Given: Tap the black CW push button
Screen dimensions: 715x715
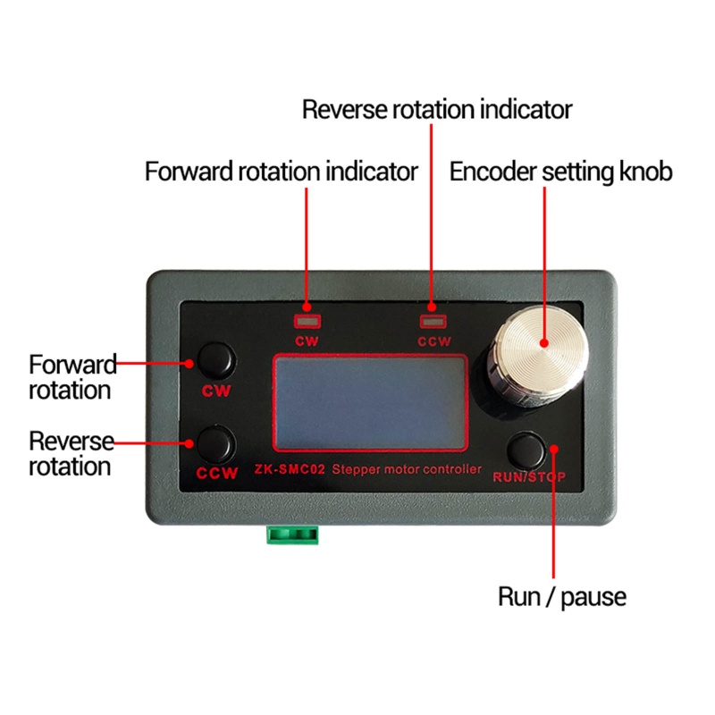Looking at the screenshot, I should pyautogui.click(x=215, y=361).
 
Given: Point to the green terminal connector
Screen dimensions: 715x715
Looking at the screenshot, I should pyautogui.click(x=292, y=534).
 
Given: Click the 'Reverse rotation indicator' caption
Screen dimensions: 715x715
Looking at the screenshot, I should pyautogui.click(x=436, y=109).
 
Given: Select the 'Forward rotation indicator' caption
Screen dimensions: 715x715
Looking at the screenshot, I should pyautogui.click(x=281, y=171).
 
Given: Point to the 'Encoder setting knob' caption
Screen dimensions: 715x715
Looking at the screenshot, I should pyautogui.click(x=560, y=171).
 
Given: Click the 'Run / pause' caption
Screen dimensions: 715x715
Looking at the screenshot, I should pyautogui.click(x=561, y=596).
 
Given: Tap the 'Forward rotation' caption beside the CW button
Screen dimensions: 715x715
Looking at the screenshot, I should pyautogui.click(x=71, y=376).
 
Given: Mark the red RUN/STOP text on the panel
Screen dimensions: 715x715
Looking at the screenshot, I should pyautogui.click(x=530, y=476).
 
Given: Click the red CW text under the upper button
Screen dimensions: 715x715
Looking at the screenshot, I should pyautogui.click(x=217, y=391).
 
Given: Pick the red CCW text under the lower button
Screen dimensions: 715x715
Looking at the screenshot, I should pyautogui.click(x=217, y=474).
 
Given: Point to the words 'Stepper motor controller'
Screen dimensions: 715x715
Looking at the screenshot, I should pyautogui.click(x=407, y=469).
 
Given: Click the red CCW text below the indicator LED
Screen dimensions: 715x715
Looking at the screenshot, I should pyautogui.click(x=434, y=341).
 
